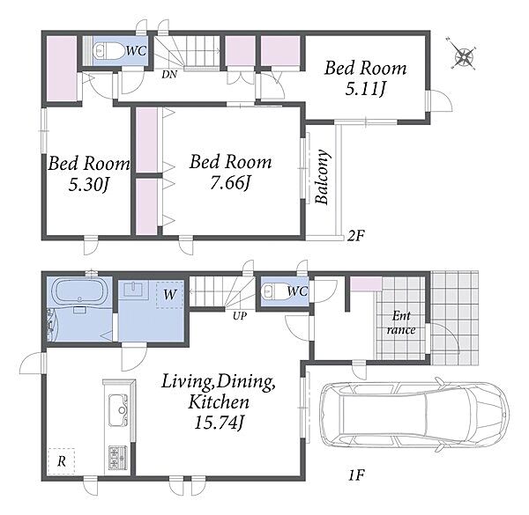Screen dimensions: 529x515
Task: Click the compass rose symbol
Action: [x=465, y=56]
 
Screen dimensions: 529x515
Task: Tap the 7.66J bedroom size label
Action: [x=230, y=183]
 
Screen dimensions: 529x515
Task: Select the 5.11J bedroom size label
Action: [x=365, y=89]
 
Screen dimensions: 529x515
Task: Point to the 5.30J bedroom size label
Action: [x=89, y=184]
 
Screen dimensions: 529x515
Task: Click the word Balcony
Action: [x=322, y=177]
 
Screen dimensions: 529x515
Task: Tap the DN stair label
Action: [x=169, y=75]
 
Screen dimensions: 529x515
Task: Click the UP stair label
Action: [x=240, y=316]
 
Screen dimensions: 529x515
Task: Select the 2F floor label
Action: [x=356, y=235]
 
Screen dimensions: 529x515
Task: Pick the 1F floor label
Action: [x=356, y=475]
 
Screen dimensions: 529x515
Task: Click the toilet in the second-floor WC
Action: [x=108, y=51]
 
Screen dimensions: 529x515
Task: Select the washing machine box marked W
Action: [x=169, y=295]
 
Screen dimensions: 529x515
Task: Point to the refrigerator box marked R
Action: [x=61, y=461]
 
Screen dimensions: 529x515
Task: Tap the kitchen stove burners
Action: [x=118, y=458]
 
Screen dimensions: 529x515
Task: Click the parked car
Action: [x=414, y=416]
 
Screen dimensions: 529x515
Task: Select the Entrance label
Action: [x=401, y=323]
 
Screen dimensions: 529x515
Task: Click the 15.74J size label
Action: [x=219, y=423]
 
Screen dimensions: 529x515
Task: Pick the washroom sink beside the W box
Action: [x=134, y=290]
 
